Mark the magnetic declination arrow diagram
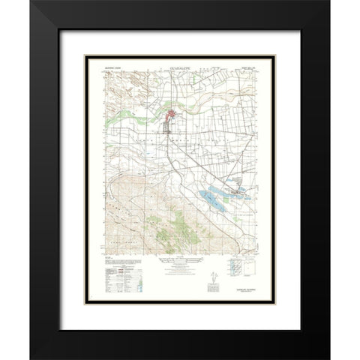212,276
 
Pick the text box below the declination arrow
213,289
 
